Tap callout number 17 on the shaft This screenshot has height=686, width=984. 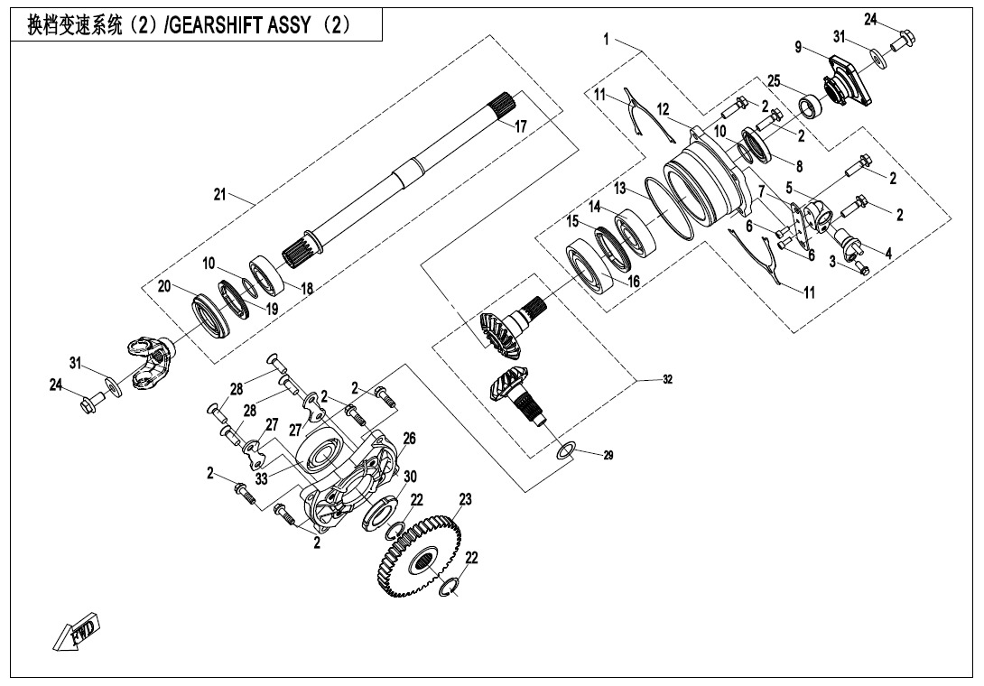tap(520, 127)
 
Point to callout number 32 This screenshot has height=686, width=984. tap(666, 380)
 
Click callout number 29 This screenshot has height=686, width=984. tap(608, 456)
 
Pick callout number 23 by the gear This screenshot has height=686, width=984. tap(466, 498)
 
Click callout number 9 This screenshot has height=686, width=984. tap(798, 46)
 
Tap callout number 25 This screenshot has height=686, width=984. tap(775, 79)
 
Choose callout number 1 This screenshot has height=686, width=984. tap(608, 39)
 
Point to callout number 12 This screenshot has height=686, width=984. tap(664, 109)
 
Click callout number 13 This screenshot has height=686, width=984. tap(620, 188)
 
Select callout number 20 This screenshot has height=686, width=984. tap(164, 286)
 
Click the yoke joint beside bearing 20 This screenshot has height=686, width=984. tap(150, 361)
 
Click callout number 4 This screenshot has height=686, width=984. tap(888, 254)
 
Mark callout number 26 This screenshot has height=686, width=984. tap(409, 438)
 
